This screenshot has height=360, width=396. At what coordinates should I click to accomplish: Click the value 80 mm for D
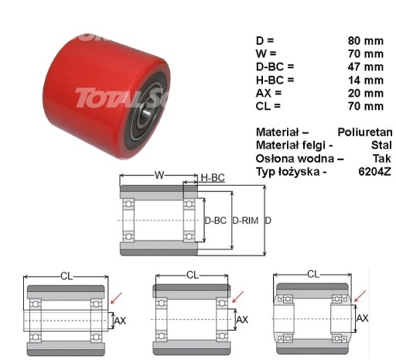tap(366, 41)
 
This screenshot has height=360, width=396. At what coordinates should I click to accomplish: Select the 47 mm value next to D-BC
tap(366, 67)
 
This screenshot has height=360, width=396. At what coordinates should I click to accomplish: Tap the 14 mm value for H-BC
tap(366, 81)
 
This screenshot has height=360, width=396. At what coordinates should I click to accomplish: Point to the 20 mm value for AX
tap(366, 93)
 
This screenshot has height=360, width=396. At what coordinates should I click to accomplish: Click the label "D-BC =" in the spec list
tap(275, 67)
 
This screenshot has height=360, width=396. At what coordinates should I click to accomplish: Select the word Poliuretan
tap(365, 132)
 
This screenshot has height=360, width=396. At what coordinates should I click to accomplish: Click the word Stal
tap(381, 145)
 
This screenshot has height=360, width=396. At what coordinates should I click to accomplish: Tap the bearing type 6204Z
tap(375, 171)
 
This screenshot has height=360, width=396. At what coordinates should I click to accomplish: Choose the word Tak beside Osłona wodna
tap(382, 159)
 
